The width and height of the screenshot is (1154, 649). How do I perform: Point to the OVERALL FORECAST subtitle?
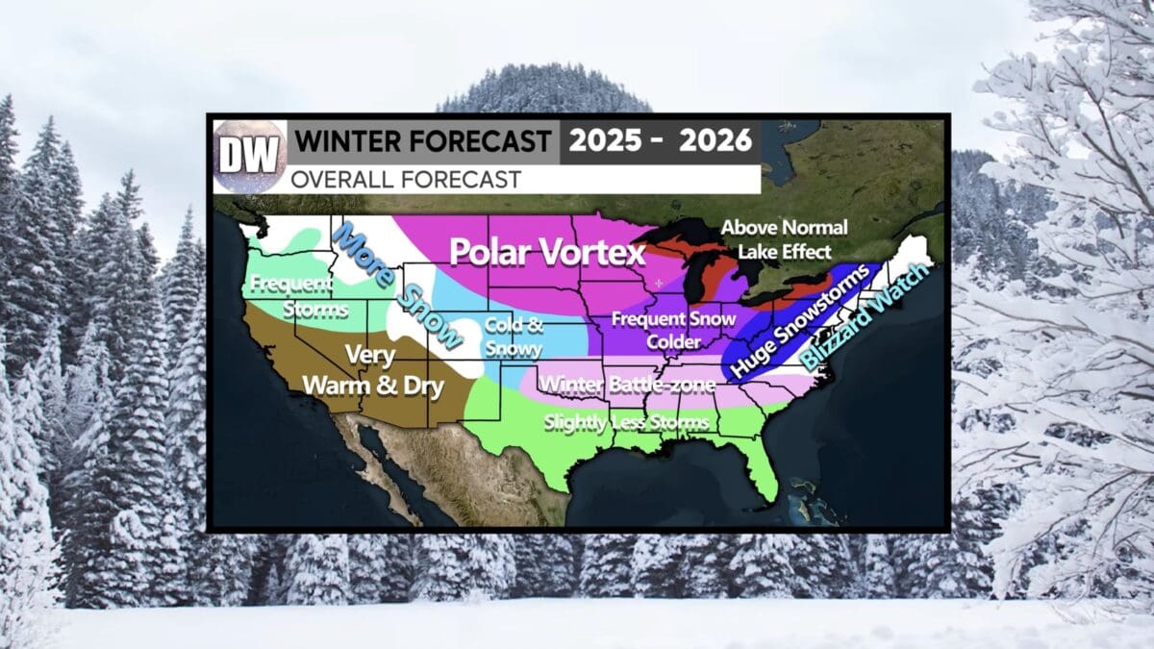[x=407, y=179]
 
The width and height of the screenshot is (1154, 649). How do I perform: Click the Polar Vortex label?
[x=547, y=253]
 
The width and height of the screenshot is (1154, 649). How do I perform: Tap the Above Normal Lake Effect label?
[x=784, y=238]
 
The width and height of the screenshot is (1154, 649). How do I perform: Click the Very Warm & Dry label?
[x=372, y=371]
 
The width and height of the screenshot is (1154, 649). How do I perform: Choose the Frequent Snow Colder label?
[x=673, y=329]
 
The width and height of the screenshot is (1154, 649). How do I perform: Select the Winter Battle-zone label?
[x=628, y=386]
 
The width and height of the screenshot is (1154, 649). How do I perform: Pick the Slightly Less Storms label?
[x=626, y=422]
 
